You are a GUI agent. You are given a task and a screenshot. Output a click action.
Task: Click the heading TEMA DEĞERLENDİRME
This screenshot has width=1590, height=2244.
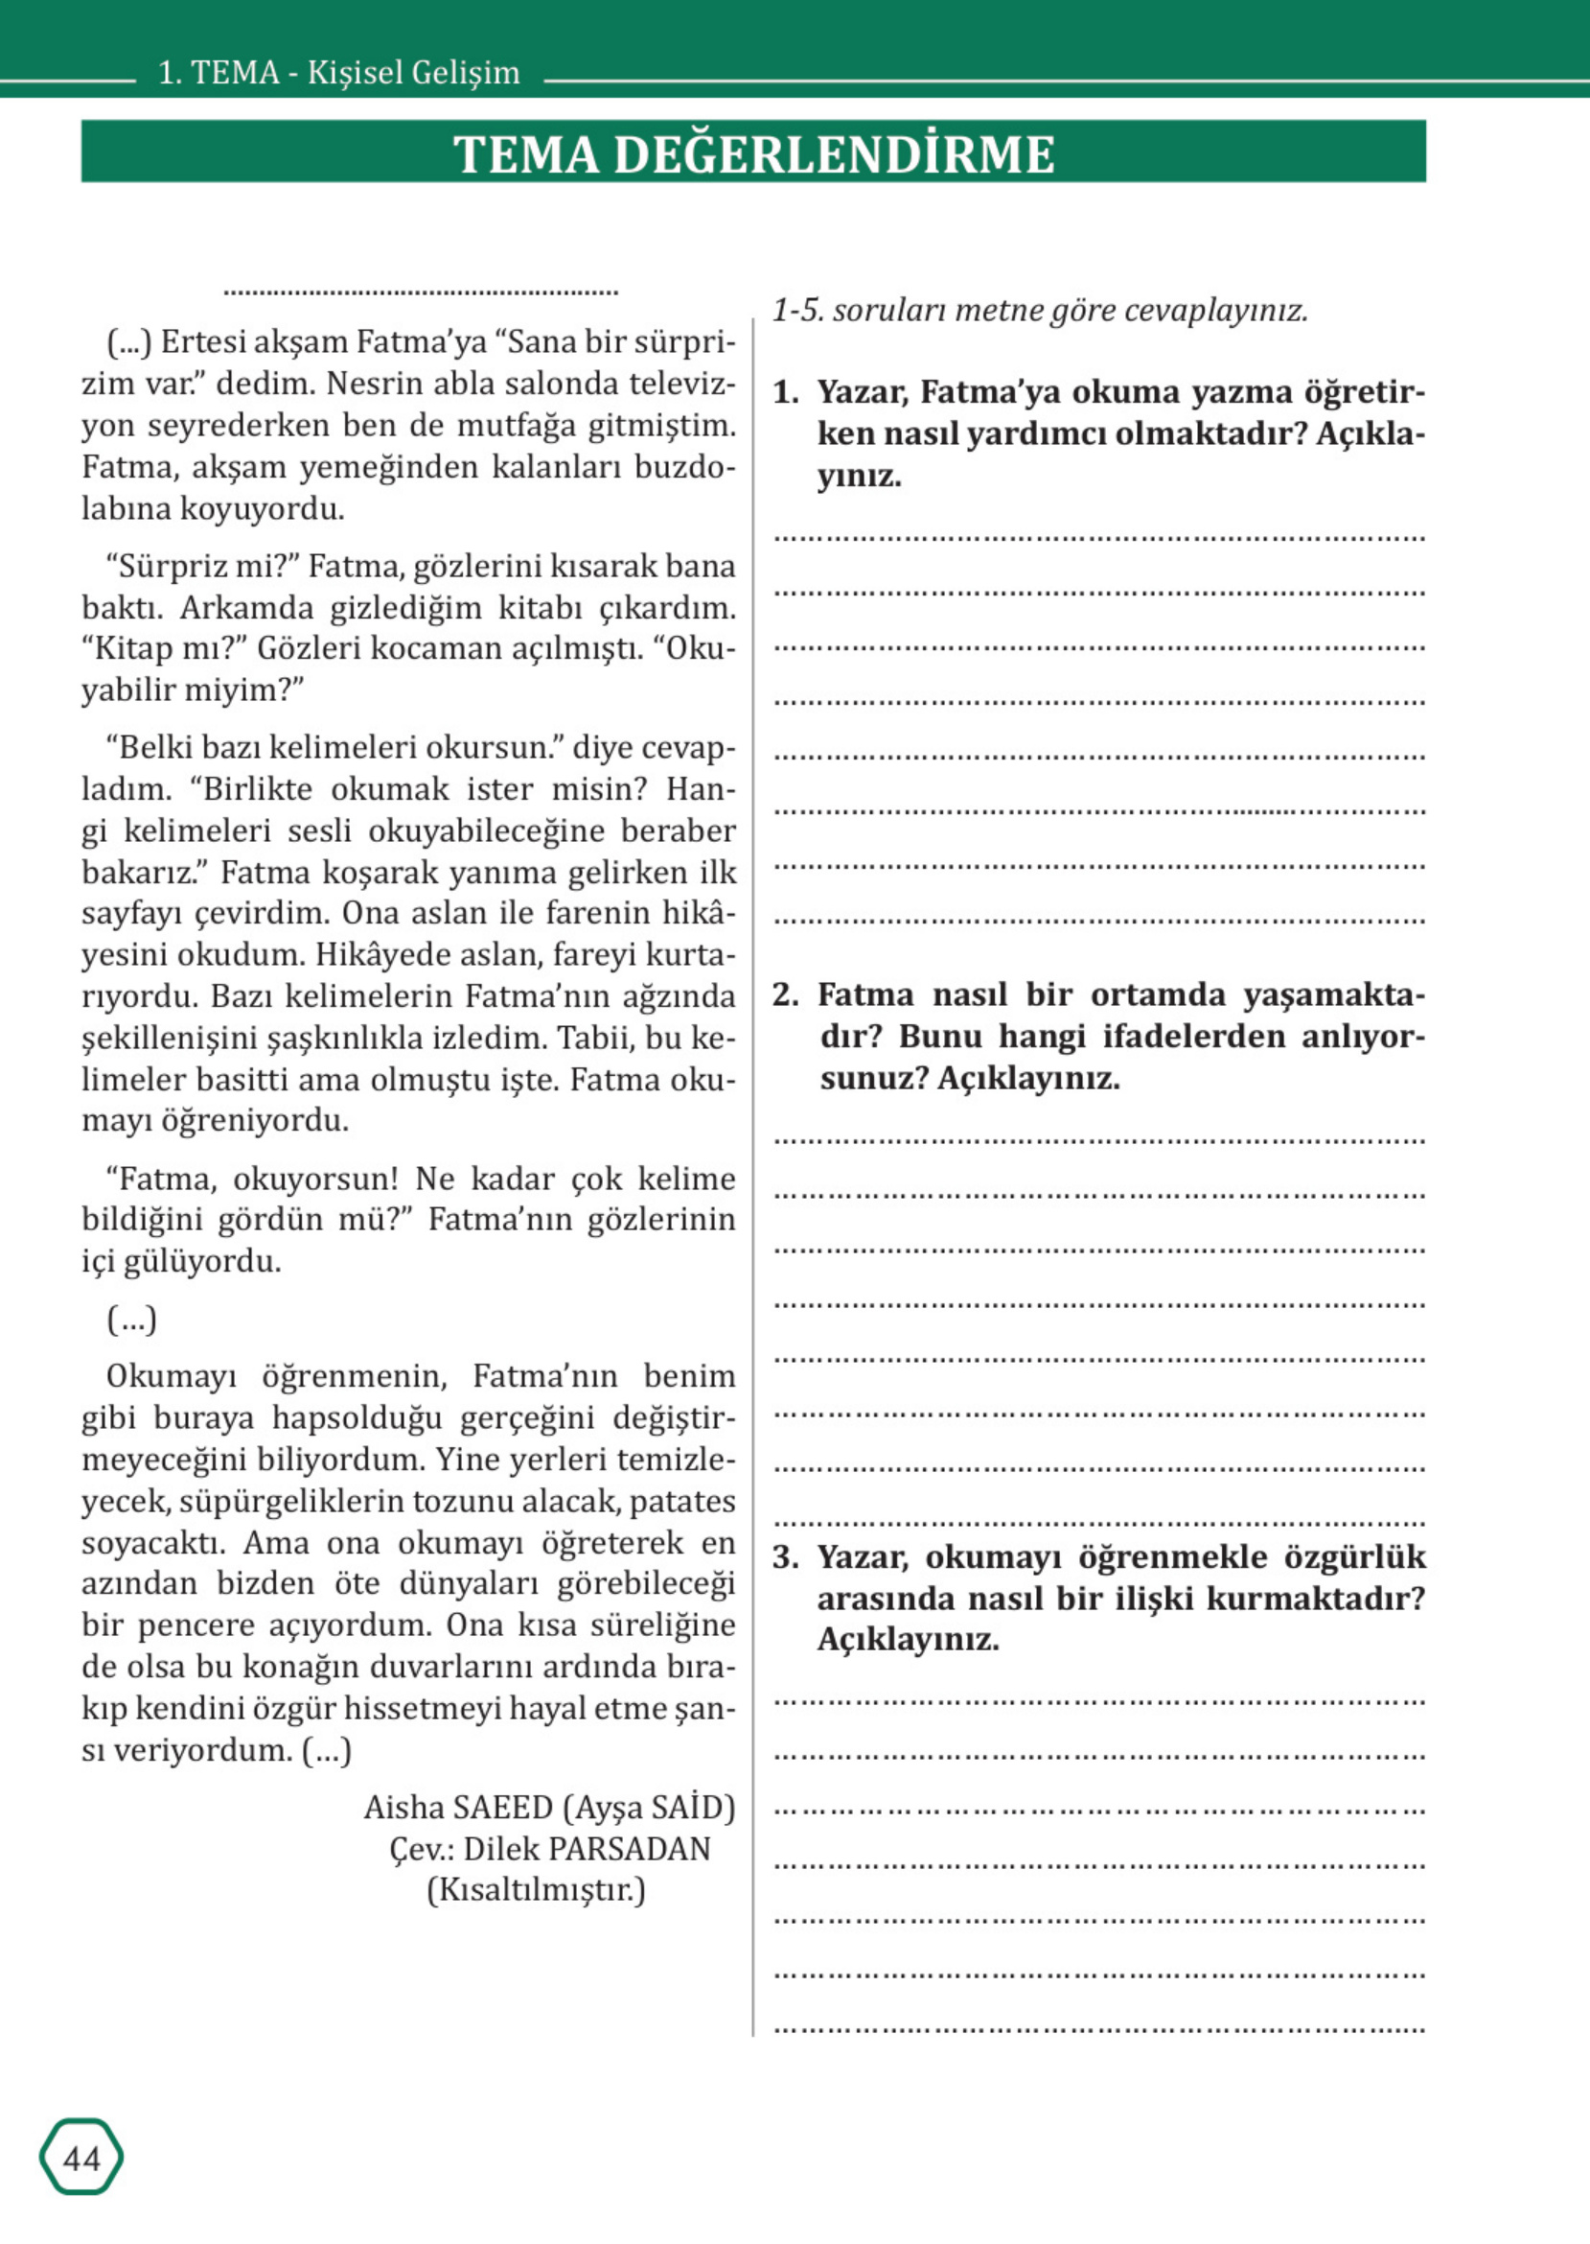coord(753,153)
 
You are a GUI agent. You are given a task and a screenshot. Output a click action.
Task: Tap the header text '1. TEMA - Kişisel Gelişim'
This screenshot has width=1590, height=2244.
coord(338,74)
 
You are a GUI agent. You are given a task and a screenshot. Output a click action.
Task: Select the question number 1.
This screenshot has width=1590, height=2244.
coord(784,393)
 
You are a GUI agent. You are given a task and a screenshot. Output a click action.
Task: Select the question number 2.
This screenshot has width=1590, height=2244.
coord(784,995)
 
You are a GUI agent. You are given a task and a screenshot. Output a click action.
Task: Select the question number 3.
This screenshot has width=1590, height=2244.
coord(784,1557)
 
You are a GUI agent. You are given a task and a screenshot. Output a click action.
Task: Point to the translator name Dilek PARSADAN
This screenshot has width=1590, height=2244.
coord(587,1848)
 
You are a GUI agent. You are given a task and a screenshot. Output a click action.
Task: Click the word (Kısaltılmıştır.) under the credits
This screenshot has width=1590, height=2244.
coord(536,1889)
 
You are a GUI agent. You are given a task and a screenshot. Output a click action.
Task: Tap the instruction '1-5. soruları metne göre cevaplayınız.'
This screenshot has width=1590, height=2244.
coord(1040,311)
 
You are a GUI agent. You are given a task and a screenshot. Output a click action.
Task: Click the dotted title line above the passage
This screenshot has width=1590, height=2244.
coord(421,291)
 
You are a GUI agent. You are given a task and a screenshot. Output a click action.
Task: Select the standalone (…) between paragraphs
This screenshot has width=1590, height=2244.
coord(131,1321)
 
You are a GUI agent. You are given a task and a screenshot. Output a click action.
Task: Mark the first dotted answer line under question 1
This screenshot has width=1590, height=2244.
coord(1099,538)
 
